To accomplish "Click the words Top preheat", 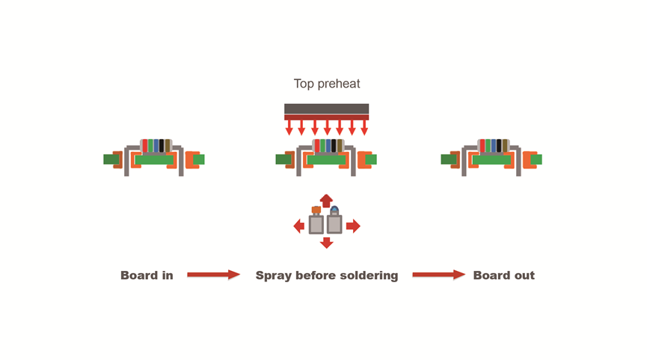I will click(x=326, y=85).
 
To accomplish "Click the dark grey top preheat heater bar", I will click(x=326, y=109).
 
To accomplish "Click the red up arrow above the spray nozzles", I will click(x=326, y=200).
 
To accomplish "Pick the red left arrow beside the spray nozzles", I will click(x=299, y=225).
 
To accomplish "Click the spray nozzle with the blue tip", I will click(x=334, y=222).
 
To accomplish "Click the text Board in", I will click(x=147, y=275).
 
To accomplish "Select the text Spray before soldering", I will click(x=327, y=275).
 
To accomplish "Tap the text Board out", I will click(x=503, y=275).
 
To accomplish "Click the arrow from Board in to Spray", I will click(x=213, y=275).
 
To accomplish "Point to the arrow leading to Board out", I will click(x=438, y=275).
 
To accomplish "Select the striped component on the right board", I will click(x=494, y=145).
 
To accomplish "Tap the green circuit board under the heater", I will click(x=326, y=159).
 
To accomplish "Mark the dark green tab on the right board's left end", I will click(x=448, y=159).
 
